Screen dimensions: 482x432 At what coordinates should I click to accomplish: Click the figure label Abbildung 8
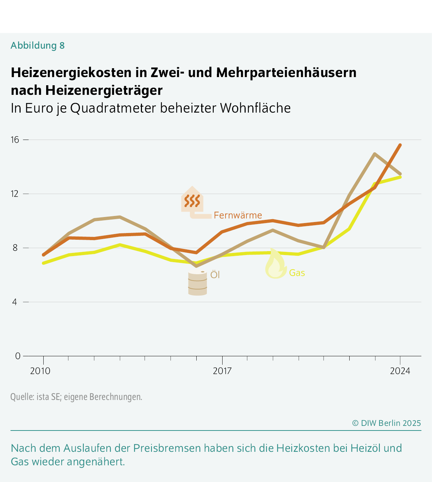(x=38, y=45)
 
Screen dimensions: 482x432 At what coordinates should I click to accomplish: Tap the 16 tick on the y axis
(x=15, y=140)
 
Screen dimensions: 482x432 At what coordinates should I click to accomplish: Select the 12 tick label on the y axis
(x=15, y=194)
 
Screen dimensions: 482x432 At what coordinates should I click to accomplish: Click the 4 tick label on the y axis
(x=15, y=302)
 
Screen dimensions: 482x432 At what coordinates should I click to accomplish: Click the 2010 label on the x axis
(x=40, y=371)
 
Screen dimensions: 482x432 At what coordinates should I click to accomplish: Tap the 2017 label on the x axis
(x=222, y=371)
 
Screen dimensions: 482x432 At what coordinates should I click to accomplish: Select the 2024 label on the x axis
(x=400, y=371)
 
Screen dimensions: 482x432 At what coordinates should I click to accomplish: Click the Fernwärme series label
(x=238, y=215)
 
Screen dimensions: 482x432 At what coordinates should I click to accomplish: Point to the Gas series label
(x=297, y=273)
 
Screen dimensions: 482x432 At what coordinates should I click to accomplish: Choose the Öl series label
(x=215, y=275)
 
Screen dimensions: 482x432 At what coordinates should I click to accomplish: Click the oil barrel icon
(x=197, y=283)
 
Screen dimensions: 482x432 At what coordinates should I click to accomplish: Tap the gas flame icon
(x=275, y=265)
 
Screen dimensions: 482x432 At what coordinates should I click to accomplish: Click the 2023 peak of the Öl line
(x=375, y=154)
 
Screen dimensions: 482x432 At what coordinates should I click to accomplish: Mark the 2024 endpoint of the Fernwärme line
(x=400, y=145)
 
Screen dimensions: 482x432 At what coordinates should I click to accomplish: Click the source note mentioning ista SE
(x=76, y=397)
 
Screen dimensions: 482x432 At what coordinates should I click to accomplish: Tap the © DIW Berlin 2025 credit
(x=386, y=423)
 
